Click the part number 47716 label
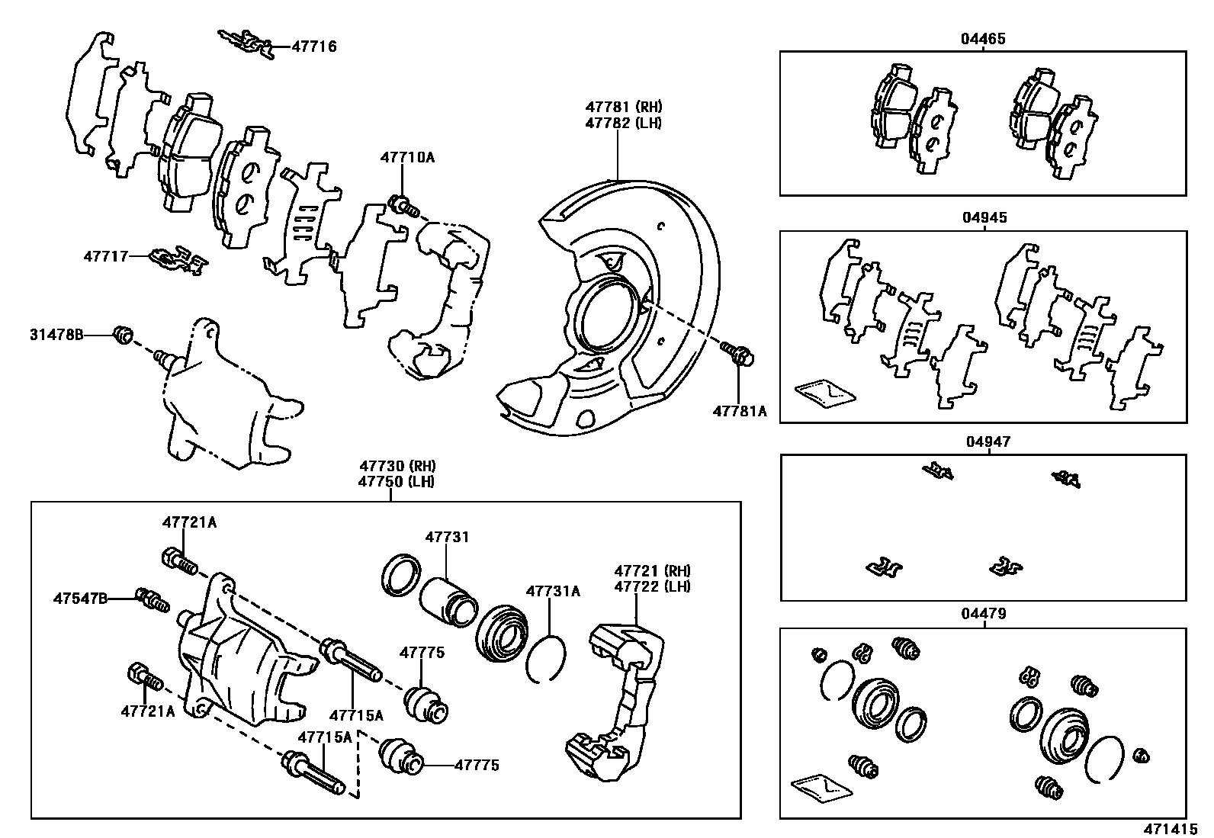pos(313,47)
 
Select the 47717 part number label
pos(105,256)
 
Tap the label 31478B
pos(56,334)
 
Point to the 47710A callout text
pos(407,158)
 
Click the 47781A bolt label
pos(740,411)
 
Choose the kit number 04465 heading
pos(983,38)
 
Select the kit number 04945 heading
pos(984,217)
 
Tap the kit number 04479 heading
pos(984,613)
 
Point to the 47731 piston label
pos(447,537)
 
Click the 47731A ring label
pos(553,591)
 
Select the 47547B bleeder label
pos(80,599)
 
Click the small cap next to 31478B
pos(123,334)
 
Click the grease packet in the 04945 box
pos(824,392)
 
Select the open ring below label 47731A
pos(544,657)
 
